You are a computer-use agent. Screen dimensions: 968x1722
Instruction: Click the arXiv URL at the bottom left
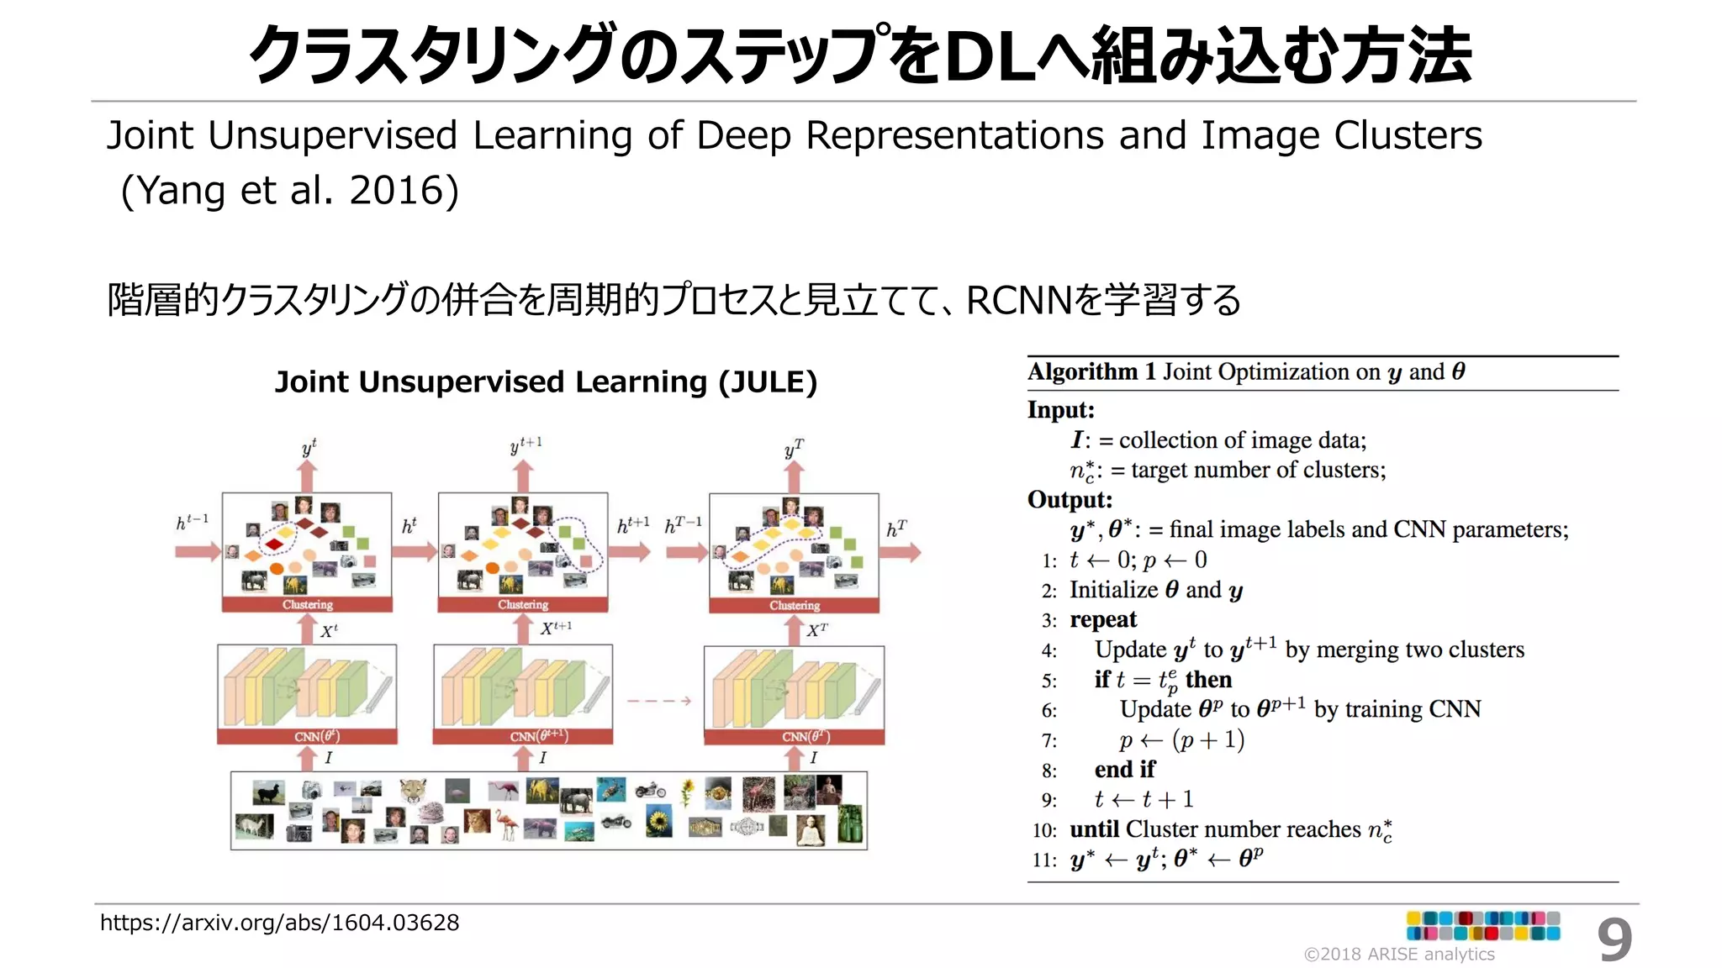click(279, 923)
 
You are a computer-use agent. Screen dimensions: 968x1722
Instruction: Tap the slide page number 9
click(1614, 940)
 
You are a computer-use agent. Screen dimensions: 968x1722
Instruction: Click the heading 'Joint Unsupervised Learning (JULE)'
click(546, 382)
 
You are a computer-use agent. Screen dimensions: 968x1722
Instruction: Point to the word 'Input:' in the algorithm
click(1061, 410)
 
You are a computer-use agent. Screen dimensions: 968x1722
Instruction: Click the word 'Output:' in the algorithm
click(1070, 500)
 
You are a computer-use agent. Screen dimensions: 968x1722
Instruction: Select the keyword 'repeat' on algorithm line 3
click(1103, 620)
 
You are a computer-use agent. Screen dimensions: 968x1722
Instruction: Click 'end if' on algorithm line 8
click(1124, 770)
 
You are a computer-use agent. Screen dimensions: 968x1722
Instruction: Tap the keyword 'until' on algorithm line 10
click(1094, 829)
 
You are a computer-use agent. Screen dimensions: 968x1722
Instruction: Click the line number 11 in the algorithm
click(1044, 860)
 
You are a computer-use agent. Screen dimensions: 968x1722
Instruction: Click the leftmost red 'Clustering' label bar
click(307, 604)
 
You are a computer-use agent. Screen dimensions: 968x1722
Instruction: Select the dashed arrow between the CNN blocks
click(658, 700)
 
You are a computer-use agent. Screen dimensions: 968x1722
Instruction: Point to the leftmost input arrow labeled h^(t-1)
click(197, 552)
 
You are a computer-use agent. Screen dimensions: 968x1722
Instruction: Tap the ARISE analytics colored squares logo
click(1483, 926)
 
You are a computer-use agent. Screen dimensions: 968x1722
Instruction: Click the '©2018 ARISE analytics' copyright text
click(1399, 955)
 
